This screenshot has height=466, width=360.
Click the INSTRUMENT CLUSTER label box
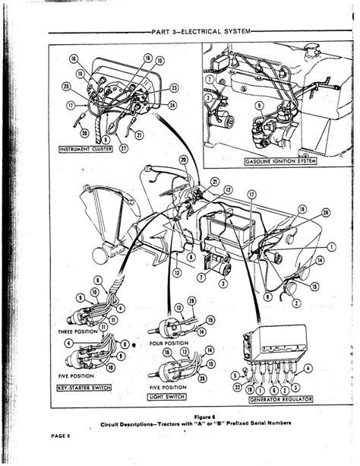click(85, 150)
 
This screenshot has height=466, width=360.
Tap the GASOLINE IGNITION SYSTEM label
click(280, 162)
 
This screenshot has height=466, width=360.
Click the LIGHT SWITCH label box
click(167, 396)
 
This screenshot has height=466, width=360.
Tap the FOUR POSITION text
click(169, 343)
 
